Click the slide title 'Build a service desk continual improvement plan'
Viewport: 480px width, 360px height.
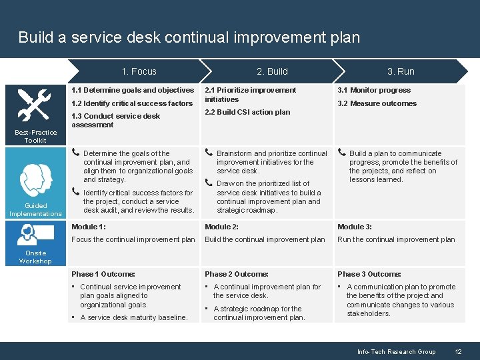click(x=189, y=37)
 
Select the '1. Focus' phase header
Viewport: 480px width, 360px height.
click(x=139, y=71)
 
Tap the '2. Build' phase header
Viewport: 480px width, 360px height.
click(x=272, y=71)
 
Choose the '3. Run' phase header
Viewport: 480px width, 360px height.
click(x=401, y=71)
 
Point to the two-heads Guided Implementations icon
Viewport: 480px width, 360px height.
click(x=35, y=179)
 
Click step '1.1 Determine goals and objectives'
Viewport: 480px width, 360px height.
click(x=133, y=90)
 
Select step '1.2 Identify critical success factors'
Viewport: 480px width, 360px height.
click(x=132, y=103)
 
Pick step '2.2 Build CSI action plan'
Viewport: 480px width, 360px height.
click(x=247, y=112)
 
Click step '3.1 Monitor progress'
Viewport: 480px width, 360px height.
click(x=374, y=90)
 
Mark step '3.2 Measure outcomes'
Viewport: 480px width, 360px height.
click(x=377, y=103)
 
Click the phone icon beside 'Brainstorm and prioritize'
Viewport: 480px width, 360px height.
click(x=209, y=153)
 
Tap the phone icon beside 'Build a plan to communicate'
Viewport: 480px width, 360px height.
click(x=342, y=153)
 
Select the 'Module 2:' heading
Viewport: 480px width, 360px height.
click(x=222, y=227)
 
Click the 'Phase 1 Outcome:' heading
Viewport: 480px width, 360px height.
click(x=103, y=274)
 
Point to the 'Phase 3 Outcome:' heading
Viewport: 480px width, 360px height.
click(x=369, y=274)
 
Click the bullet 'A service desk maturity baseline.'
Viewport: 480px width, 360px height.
click(x=133, y=317)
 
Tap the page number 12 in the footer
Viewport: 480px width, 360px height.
click(x=458, y=351)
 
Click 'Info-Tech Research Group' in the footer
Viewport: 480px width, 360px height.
click(x=396, y=351)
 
